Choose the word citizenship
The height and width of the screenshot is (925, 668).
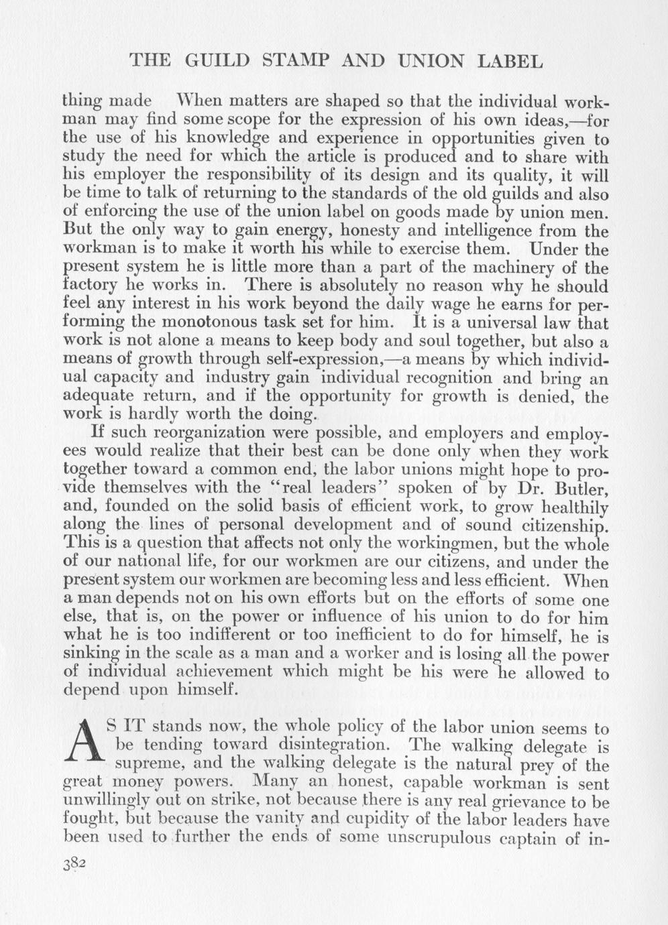(559, 525)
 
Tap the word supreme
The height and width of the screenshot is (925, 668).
(150, 763)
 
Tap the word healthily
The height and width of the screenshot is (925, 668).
(567, 507)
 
